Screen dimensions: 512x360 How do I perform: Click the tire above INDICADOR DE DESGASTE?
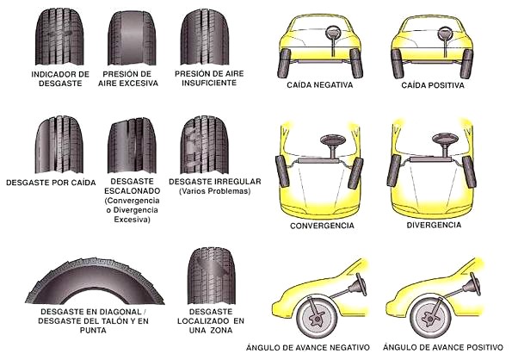59,36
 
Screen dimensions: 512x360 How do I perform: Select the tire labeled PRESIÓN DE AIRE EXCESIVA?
132,37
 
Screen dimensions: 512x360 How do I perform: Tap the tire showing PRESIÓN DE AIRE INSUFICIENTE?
205,37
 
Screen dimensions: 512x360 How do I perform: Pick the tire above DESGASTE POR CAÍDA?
59,145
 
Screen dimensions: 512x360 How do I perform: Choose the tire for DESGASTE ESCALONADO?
132,145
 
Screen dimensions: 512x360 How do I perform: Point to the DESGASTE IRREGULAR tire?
205,145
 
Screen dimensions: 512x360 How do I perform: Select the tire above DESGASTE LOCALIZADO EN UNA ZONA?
212,276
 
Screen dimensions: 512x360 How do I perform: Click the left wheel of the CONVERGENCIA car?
283,171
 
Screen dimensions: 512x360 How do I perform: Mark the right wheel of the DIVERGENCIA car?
469,171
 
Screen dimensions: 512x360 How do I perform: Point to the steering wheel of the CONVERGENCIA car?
333,140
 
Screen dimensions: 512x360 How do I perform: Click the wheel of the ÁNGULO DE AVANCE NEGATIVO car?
317,317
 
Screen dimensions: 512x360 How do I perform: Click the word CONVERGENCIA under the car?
322,226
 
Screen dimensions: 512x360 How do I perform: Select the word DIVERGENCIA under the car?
434,225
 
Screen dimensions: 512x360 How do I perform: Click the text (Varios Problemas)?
214,191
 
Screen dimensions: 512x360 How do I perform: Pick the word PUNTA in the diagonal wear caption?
93,330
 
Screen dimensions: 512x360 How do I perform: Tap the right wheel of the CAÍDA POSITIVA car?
466,64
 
